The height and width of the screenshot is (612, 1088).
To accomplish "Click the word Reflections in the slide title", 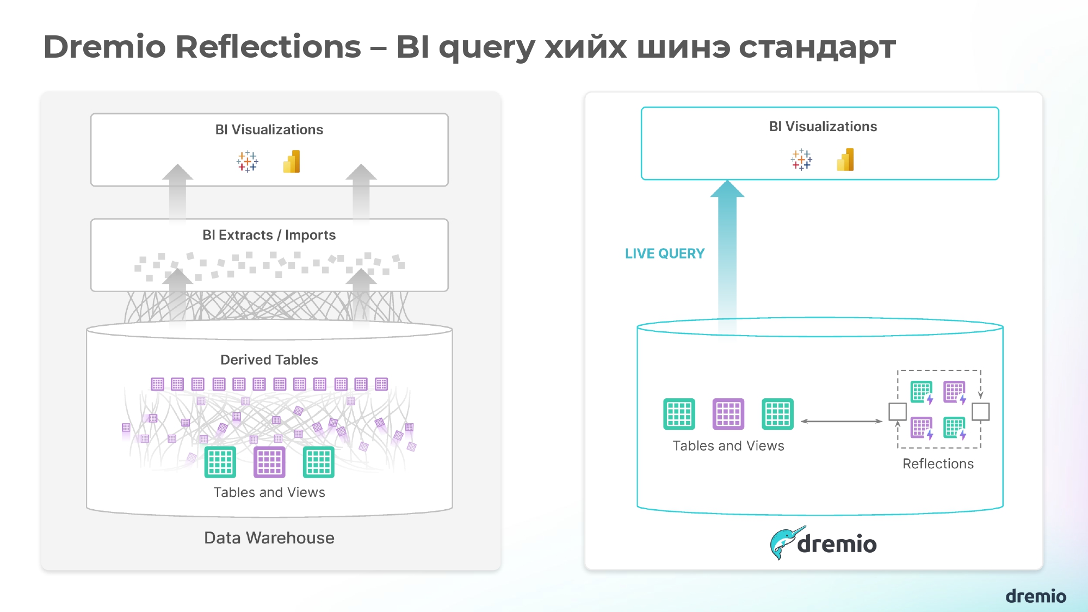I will [x=268, y=47].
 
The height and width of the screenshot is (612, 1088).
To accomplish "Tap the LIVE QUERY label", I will [x=664, y=254].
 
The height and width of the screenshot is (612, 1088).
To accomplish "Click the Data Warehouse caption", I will [x=269, y=537].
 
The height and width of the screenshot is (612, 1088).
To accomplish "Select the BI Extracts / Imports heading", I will [x=269, y=235].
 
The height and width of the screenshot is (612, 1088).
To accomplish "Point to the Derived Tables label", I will [x=269, y=360].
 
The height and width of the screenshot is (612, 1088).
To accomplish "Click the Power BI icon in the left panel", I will [x=292, y=162].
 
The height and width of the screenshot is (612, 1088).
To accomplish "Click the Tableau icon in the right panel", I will [x=801, y=160].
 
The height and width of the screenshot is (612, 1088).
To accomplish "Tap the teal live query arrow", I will [x=727, y=256].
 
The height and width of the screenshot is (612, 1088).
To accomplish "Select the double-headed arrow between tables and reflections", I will [x=841, y=421].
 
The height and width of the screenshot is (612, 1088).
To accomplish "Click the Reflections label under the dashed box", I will [x=938, y=463].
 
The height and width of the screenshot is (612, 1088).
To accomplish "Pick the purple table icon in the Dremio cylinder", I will [x=728, y=414].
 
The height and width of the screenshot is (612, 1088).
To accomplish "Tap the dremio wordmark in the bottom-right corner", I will [x=1036, y=596].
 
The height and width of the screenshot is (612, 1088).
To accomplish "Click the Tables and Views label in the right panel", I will [x=728, y=446].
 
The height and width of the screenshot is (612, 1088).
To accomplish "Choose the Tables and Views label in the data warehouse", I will [x=269, y=492].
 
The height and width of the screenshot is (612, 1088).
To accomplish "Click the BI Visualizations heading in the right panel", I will [x=823, y=126].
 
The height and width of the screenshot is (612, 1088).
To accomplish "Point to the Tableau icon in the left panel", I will [x=248, y=162].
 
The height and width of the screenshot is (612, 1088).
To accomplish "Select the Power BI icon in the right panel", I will [x=845, y=160].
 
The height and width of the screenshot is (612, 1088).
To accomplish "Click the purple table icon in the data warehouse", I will [x=269, y=462].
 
